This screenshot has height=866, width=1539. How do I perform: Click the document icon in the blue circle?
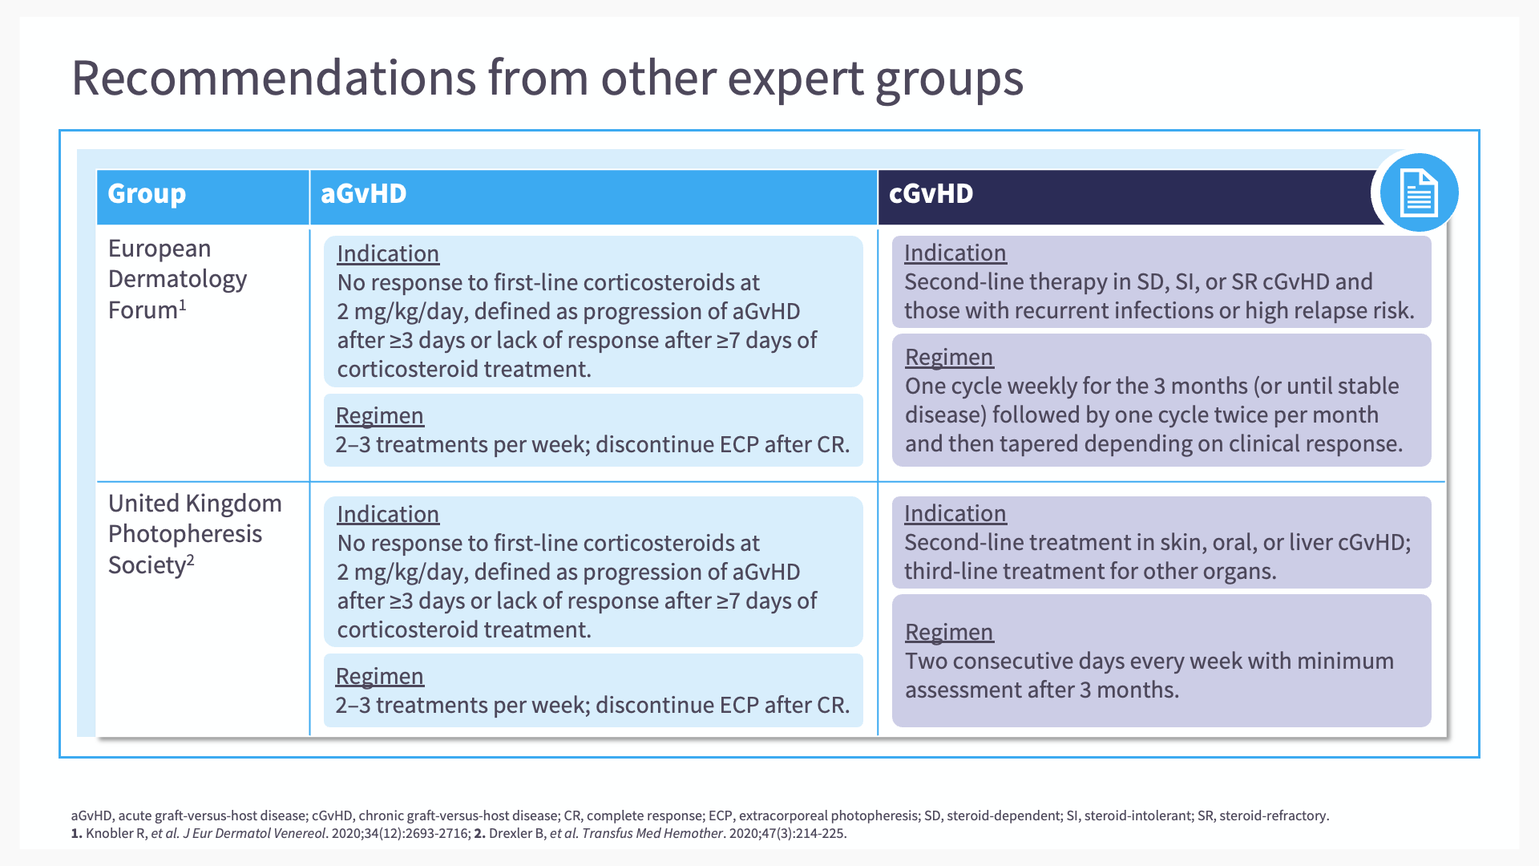pos(1418,192)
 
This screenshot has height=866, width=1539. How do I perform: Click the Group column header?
pos(147,193)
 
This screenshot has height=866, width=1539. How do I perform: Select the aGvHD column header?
pos(363,193)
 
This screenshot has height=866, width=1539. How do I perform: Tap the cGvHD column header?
pos(931,193)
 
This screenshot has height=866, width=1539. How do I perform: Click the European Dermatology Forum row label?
pos(178,279)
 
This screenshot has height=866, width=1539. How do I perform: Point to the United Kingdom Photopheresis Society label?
pos(195,534)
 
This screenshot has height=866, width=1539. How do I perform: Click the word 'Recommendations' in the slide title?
pos(274,78)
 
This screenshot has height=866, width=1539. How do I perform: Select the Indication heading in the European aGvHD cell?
pos(388,253)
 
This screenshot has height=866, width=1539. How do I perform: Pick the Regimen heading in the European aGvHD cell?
pos(379,415)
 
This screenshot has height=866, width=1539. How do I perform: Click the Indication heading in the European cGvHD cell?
pos(955,253)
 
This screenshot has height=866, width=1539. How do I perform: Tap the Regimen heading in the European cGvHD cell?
pos(949,357)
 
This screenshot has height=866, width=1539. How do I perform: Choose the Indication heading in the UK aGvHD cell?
pos(388,514)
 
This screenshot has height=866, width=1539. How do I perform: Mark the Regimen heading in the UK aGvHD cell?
pos(379,676)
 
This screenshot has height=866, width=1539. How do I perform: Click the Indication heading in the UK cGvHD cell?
pos(955,513)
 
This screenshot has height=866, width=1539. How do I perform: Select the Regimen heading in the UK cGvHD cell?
pos(949,632)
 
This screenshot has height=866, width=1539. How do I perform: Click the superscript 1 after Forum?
pos(183,305)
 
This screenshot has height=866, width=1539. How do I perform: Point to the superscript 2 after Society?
pos(191,560)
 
